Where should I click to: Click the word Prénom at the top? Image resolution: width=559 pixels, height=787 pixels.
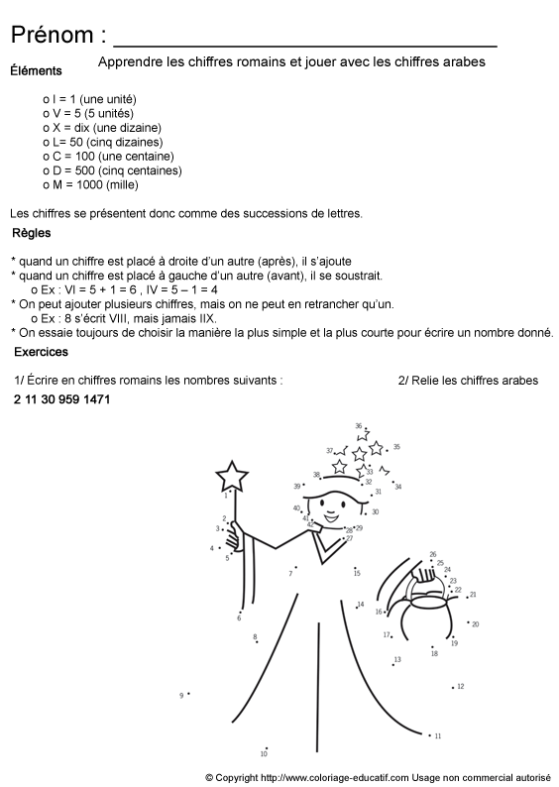[52, 36]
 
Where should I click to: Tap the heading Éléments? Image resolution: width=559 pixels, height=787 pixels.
[36, 70]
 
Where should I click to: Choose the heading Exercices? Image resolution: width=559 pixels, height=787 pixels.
[42, 352]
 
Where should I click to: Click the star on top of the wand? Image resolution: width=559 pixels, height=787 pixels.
[233, 477]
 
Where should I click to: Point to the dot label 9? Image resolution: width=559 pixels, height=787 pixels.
[182, 696]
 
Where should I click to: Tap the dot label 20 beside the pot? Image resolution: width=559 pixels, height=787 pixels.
[475, 624]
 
